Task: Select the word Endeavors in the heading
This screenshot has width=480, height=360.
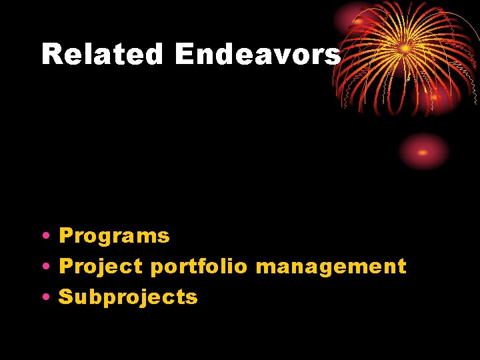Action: (x=257, y=55)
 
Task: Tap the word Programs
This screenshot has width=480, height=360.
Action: (x=114, y=236)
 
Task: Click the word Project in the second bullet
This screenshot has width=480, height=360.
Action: (x=101, y=267)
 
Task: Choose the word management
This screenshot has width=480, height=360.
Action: (x=331, y=267)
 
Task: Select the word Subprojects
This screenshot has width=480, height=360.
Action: (x=128, y=297)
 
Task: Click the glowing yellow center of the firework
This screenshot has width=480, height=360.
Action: (x=405, y=48)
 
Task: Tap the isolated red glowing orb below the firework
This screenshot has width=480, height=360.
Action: (x=423, y=151)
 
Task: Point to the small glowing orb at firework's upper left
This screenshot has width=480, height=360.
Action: (x=358, y=20)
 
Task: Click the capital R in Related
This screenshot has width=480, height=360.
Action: (x=51, y=55)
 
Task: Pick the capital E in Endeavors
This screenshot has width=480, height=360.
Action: (x=185, y=55)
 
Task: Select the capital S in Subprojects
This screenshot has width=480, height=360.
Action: (x=67, y=297)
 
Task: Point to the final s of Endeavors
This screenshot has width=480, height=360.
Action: (x=333, y=57)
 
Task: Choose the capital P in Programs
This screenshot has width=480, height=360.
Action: (x=67, y=236)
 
